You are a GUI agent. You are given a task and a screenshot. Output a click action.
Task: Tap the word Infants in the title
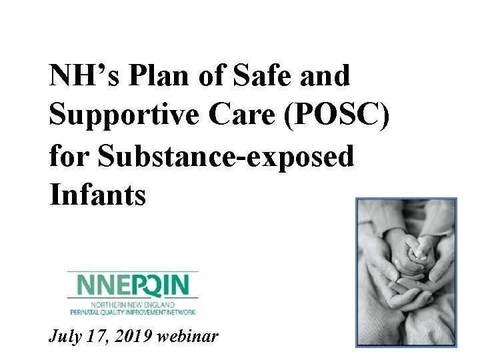pos(97,196)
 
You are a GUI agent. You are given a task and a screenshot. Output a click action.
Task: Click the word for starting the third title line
pos(69,157)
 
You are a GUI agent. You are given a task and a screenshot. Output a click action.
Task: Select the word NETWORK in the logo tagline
pos(181,311)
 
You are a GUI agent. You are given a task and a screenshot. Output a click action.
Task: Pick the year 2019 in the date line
pos(135,337)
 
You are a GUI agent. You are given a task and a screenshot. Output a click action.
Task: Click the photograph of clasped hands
pos(406,272)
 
